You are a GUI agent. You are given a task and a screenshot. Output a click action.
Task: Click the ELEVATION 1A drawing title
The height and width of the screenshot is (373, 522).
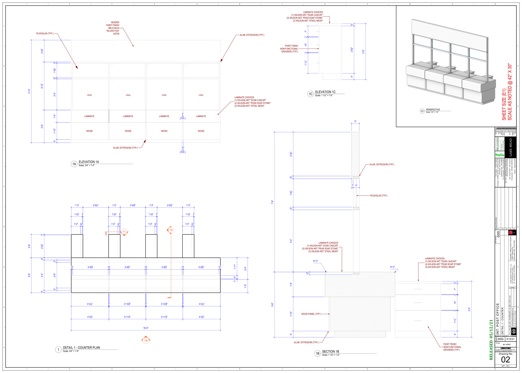point(89,162)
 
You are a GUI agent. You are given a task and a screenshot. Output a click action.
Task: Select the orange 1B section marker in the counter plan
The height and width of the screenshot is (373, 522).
point(171,230)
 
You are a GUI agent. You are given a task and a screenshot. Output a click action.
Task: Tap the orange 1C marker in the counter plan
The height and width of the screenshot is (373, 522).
point(124,232)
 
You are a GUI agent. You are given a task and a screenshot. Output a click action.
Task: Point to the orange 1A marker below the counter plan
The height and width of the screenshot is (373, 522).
point(146,340)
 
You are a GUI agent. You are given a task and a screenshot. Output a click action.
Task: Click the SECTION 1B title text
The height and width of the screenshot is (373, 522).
point(330,351)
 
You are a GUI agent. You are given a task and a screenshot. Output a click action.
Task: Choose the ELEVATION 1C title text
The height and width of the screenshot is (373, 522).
point(325,92)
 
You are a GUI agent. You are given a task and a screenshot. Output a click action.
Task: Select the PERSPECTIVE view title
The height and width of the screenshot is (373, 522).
point(433,110)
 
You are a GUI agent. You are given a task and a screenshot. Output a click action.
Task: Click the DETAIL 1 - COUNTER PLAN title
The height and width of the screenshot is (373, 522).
point(81,348)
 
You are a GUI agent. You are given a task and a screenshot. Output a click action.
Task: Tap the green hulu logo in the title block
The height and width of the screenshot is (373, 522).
point(500,154)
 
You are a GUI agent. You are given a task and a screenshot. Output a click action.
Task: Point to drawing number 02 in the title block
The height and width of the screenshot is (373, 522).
point(505,360)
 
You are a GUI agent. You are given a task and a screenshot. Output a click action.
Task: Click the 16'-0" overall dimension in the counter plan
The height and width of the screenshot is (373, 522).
point(146,328)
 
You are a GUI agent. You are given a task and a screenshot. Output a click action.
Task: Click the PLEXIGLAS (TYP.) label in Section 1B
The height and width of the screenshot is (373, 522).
point(378,195)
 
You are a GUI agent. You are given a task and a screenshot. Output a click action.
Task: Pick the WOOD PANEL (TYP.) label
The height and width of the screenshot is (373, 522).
point(311,314)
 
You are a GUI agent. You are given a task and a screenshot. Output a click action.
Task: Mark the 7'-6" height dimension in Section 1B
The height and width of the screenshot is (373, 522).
point(273,202)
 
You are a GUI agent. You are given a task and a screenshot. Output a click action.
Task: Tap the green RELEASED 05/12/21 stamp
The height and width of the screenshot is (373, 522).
point(491,339)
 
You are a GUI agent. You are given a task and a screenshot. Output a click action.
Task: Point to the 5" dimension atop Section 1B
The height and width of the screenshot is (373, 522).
point(355,122)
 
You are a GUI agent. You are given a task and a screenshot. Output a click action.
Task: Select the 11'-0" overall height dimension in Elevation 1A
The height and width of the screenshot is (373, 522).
point(30,91)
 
